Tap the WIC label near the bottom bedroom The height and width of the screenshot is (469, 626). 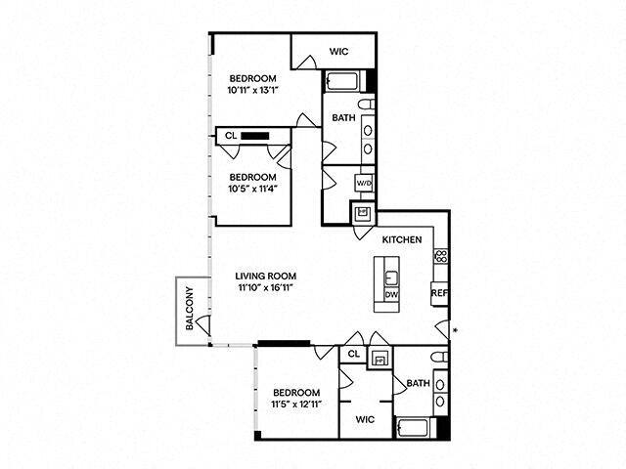[364, 418]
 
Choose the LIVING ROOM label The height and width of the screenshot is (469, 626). [266, 276]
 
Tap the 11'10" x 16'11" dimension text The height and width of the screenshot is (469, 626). [266, 288]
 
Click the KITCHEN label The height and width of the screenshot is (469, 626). [401, 239]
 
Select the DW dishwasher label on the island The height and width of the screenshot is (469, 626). [390, 294]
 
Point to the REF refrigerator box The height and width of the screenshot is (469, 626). [439, 291]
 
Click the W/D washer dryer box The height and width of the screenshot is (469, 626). [362, 183]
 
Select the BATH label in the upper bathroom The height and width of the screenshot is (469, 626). [343, 118]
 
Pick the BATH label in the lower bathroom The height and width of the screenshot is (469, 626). [418, 383]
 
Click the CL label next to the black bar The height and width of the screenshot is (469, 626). [231, 136]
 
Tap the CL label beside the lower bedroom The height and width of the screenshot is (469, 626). [353, 354]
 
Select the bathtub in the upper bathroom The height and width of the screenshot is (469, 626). [344, 81]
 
